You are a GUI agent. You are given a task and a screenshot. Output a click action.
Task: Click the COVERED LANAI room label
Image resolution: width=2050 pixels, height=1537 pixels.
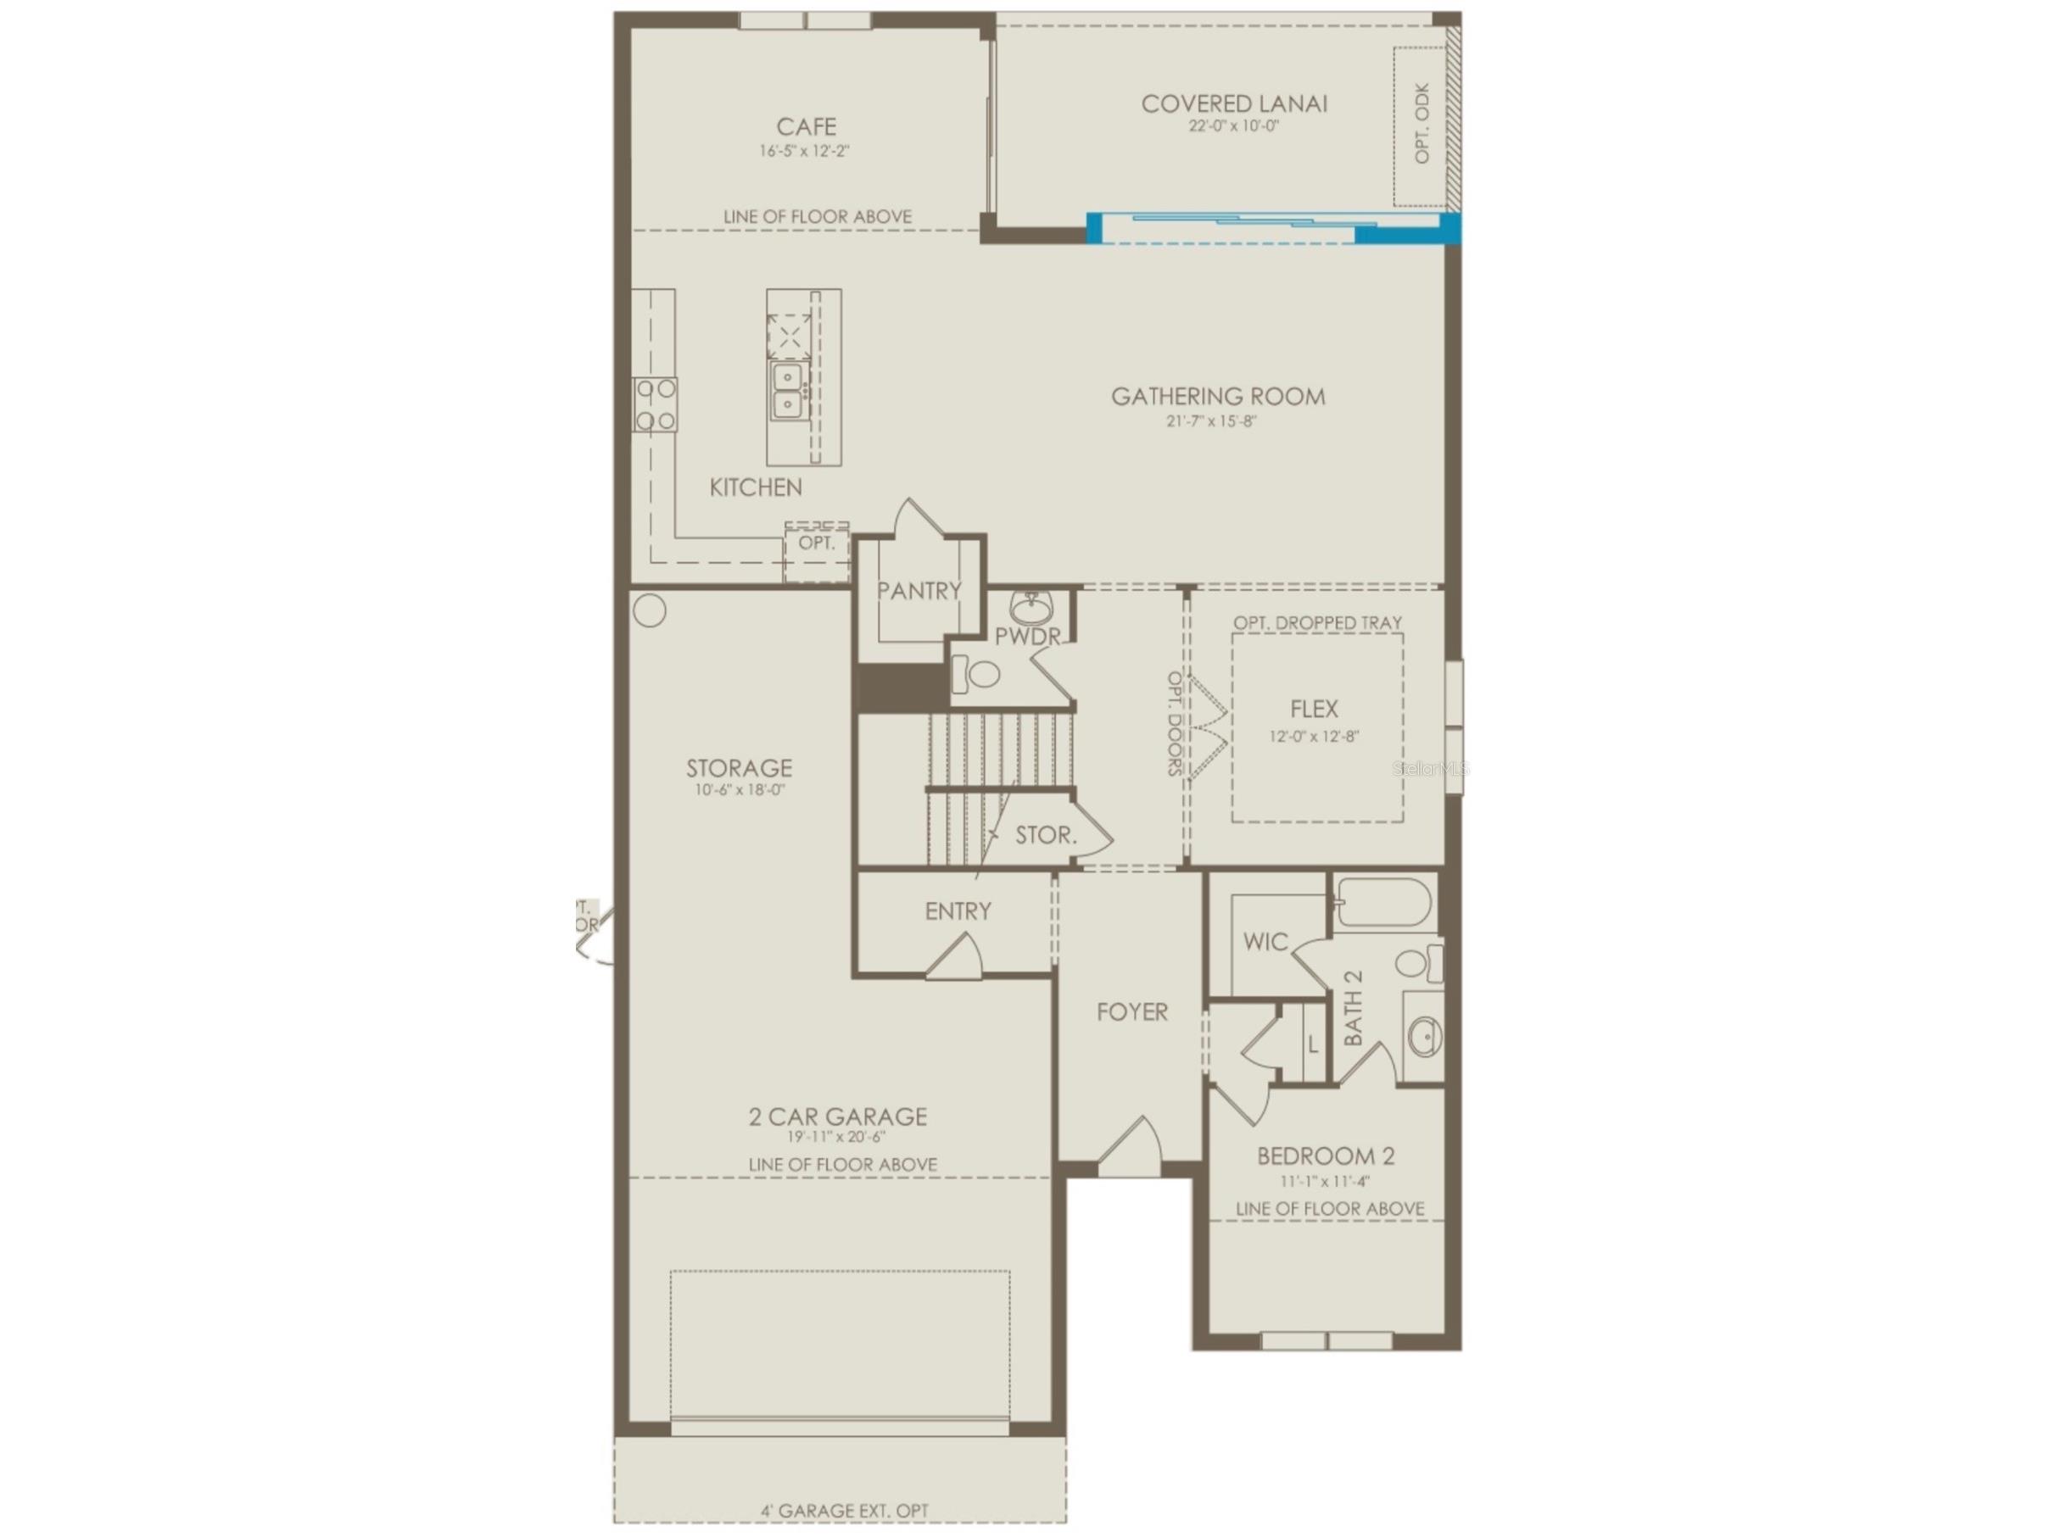[x=1233, y=103]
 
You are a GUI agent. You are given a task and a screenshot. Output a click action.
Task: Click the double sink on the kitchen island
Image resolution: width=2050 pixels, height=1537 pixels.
[x=788, y=392]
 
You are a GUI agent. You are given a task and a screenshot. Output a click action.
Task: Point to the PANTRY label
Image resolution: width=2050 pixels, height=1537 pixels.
[x=919, y=591]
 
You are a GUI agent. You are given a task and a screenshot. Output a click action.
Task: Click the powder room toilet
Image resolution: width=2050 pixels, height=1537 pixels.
[x=975, y=673]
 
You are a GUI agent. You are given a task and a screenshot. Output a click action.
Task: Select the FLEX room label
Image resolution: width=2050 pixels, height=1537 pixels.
[x=1313, y=709]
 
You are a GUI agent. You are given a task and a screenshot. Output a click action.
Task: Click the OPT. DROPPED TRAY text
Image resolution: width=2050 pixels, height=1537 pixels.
[x=1317, y=622]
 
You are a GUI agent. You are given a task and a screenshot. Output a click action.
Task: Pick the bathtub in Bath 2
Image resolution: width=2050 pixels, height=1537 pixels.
[x=1382, y=902]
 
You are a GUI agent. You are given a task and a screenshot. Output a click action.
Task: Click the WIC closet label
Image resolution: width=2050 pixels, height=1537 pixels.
[x=1265, y=942]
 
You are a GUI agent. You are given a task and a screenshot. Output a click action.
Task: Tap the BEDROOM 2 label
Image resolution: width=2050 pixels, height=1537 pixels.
[x=1326, y=1156]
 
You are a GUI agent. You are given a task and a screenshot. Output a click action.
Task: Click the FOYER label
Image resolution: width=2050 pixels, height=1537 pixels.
[x=1131, y=1011]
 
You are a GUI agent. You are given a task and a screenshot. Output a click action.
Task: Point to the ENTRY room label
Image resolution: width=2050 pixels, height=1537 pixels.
[x=958, y=911]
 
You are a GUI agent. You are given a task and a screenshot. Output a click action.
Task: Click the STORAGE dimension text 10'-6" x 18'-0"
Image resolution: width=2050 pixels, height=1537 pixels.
[x=740, y=790]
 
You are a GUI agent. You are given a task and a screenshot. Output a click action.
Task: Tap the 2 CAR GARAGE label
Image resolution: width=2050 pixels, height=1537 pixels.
[x=837, y=1117]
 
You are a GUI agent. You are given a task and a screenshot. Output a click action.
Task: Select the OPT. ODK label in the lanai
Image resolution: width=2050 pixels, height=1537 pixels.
[x=1422, y=124]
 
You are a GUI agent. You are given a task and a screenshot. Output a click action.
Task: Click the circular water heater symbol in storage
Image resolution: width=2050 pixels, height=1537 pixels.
[x=649, y=611]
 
